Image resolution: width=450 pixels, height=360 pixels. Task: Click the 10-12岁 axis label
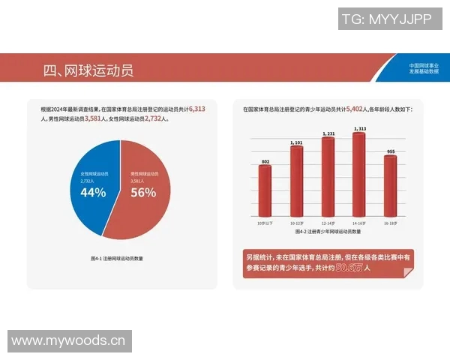coord(296,223)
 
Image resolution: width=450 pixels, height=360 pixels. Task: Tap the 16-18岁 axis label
coord(390,223)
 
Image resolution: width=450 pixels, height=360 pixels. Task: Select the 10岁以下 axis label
coord(265,223)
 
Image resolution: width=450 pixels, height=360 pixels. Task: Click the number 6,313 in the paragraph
coord(197,109)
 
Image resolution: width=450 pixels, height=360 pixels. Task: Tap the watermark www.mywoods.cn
coord(67,341)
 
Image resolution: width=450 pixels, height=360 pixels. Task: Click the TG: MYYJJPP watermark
coord(386,19)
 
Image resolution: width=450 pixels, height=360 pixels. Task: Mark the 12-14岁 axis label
coord(328,223)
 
